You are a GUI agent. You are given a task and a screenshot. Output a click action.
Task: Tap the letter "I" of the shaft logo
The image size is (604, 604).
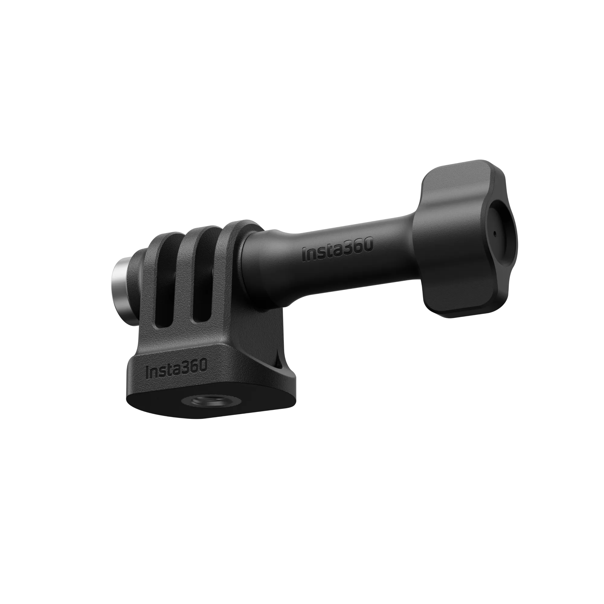304,255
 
